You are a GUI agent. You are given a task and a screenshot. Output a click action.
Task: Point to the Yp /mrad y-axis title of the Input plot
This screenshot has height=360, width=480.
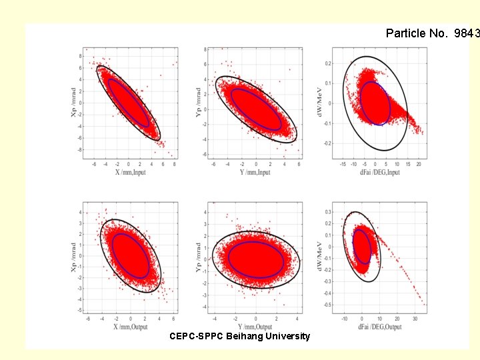[x=197, y=101]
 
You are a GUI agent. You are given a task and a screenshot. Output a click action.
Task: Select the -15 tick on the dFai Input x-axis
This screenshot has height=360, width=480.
[x=343, y=163]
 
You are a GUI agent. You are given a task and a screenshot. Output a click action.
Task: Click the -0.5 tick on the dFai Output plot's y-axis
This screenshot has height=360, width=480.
[x=327, y=305]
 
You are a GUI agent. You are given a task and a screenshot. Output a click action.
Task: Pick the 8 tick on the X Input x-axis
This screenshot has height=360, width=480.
[x=174, y=163]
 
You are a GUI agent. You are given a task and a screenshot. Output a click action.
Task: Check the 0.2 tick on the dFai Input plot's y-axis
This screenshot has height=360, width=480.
[x=327, y=63]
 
